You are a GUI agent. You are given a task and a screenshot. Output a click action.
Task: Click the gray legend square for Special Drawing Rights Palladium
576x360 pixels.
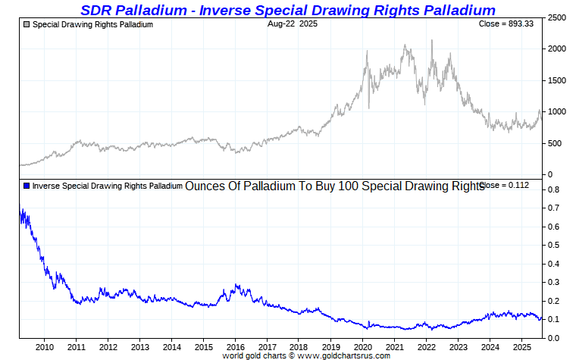[27, 24]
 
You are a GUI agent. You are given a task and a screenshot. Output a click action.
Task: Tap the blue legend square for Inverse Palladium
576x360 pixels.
[27, 186]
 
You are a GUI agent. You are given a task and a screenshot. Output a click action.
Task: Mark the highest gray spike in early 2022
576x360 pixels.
[432, 41]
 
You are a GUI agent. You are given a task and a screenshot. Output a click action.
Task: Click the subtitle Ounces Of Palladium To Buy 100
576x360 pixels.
[333, 186]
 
